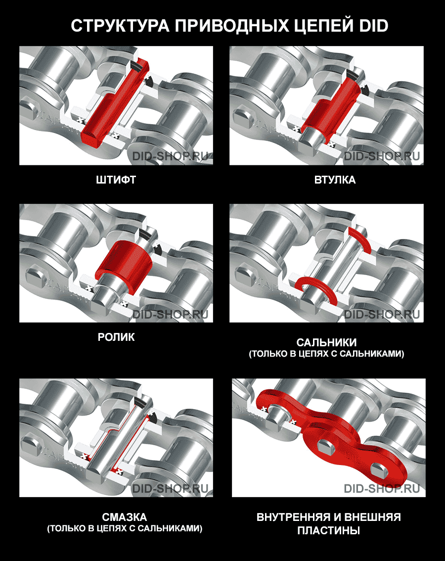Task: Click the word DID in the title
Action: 373,26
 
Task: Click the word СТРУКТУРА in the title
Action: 120,26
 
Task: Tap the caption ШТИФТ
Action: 116,180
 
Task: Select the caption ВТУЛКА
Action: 335,180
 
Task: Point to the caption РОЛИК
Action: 116,337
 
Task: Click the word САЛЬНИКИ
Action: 327,342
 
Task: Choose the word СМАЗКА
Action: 125,517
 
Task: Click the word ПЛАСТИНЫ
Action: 328,530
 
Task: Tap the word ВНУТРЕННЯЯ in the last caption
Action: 293,517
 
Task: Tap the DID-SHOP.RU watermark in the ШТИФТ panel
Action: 170,156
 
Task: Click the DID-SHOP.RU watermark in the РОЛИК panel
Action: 170,315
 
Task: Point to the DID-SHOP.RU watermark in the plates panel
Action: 382,489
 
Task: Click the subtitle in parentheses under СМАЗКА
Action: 125,528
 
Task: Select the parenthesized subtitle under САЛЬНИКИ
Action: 327,354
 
